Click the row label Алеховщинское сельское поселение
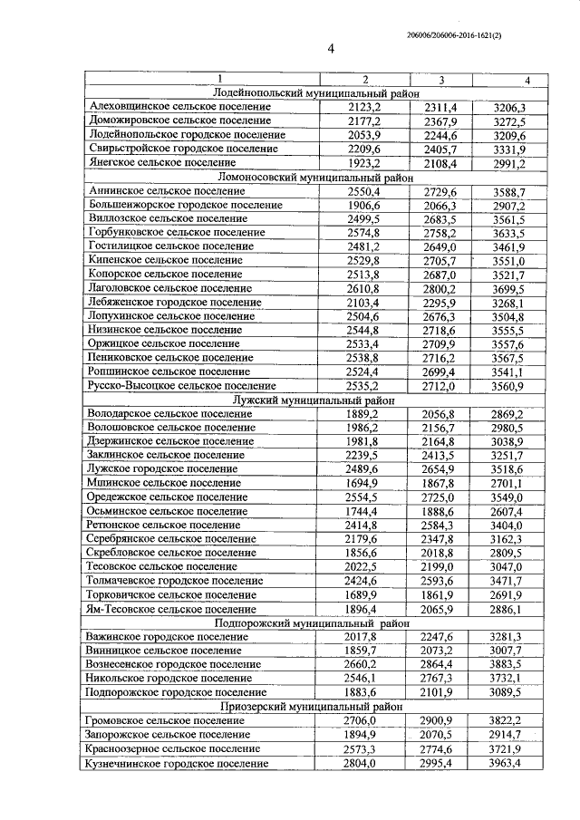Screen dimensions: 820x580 [x=180, y=107]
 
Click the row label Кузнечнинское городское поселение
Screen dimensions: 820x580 [x=179, y=764]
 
